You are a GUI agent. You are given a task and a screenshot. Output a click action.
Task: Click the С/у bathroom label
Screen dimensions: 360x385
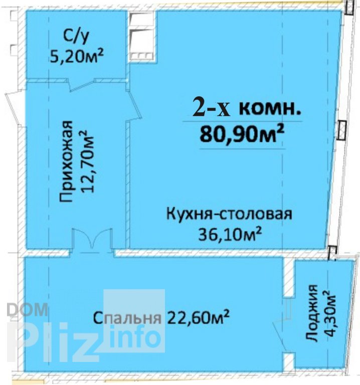pos(76,38)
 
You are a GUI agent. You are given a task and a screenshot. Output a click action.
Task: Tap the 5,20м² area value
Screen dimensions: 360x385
pos(77,56)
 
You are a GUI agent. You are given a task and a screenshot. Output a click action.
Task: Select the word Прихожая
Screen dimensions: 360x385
pos(66,161)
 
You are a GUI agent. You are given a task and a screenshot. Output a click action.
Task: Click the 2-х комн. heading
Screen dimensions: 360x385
pos(247,109)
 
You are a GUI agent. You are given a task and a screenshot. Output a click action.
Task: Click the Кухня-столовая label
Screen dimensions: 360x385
pos(229,214)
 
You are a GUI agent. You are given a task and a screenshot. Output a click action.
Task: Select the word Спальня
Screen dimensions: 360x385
pos(127,318)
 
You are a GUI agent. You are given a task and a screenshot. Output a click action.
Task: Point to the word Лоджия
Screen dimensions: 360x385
pos(312,313)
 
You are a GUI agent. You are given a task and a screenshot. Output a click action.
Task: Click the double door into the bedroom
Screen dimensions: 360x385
pos(92,240)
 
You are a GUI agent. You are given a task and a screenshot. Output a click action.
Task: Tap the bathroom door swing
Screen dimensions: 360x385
pos(82,85)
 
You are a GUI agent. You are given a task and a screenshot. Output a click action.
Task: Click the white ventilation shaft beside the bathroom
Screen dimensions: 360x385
pos(142,36)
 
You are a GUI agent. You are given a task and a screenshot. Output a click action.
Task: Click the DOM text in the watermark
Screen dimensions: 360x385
pos(27,310)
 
